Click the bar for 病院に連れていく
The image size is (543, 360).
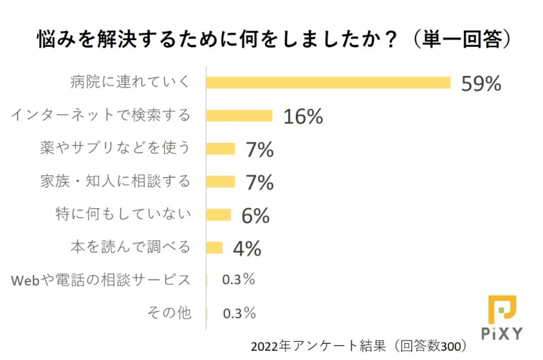click(328, 82)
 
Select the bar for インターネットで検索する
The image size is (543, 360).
click(239, 115)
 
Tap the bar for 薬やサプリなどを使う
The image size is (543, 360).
click(221, 149)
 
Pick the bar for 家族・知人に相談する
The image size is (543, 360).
click(221, 182)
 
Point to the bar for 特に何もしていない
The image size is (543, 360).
click(219, 215)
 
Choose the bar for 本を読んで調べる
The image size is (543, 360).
click(215, 248)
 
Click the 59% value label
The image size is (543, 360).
click(481, 83)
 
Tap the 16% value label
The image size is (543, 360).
click(303, 116)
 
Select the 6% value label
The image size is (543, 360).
click(255, 215)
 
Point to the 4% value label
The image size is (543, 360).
click(246, 248)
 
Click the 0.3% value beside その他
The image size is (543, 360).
click(239, 313)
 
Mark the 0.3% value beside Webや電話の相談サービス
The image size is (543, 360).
click(239, 280)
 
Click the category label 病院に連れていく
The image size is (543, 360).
click(130, 82)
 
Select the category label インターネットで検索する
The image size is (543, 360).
click(102, 115)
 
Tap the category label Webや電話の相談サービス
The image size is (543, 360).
click(102, 280)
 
